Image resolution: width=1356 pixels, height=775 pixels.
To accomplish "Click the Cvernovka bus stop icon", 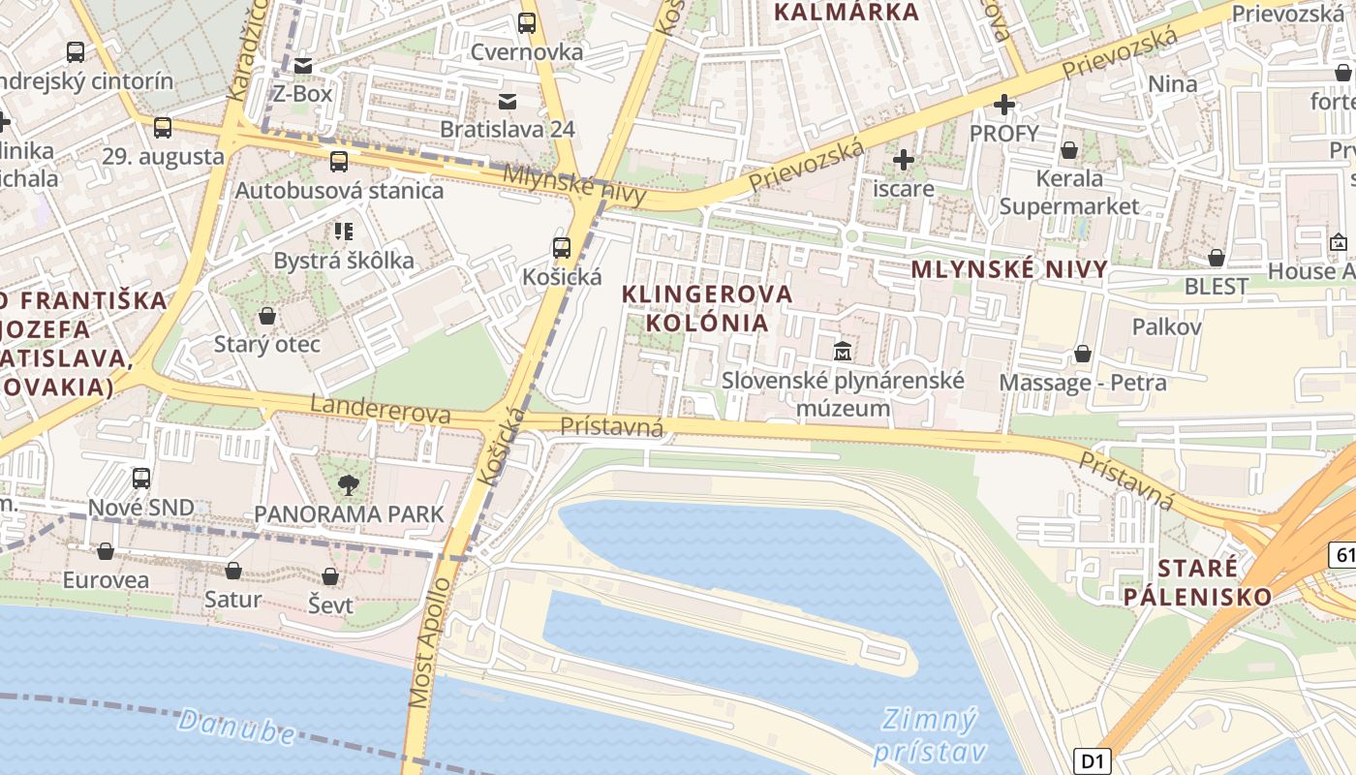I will (527, 23).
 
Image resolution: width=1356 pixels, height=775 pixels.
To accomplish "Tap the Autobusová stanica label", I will (339, 190).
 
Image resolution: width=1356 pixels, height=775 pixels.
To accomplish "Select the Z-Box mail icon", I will (304, 66).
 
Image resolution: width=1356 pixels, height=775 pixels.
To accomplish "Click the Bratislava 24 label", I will (508, 129).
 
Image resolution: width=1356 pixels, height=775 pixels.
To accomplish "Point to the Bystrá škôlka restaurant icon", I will (344, 232).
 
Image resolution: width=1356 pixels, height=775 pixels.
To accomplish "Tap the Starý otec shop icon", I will (267, 316).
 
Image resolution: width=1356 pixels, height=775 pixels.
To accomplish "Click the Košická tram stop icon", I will (562, 248).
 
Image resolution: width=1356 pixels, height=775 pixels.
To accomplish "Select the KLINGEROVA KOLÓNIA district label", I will (707, 307).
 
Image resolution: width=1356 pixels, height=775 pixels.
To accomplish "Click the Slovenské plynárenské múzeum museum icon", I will (843, 350).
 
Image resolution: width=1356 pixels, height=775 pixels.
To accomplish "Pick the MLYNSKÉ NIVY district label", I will (1010, 270).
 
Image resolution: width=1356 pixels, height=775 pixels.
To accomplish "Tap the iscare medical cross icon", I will (904, 159).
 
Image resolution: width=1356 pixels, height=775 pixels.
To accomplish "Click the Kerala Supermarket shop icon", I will (1069, 150).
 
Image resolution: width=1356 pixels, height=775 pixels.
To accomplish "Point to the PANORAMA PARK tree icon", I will (348, 484).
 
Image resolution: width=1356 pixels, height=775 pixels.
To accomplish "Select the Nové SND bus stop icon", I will (141, 478).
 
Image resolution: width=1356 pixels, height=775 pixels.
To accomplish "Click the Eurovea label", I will (106, 580).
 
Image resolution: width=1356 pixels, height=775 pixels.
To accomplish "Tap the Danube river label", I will (237, 727).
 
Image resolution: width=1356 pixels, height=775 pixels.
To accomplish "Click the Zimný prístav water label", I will (929, 735).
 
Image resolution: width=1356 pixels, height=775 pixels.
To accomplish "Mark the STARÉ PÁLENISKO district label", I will (1198, 581).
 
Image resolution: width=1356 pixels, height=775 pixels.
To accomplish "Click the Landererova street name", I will (381, 410).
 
